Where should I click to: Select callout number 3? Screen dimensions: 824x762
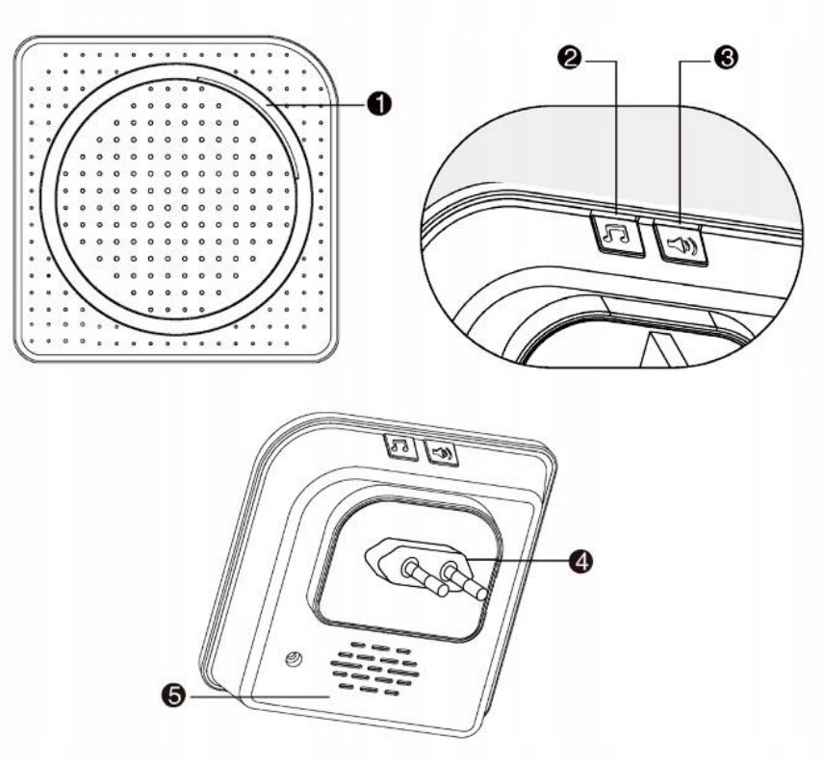click(x=727, y=57)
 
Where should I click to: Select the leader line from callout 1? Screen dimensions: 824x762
click(x=318, y=103)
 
